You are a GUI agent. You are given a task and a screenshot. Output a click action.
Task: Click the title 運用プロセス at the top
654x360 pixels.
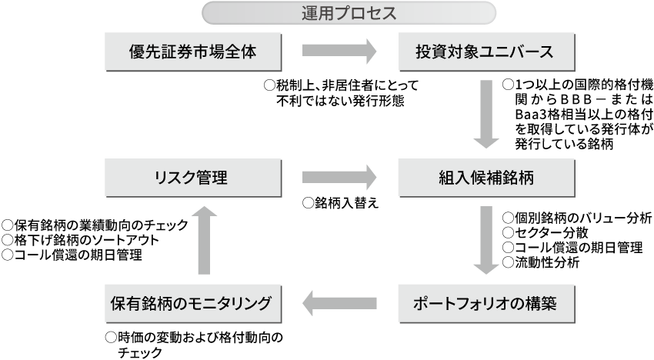pyautogui.click(x=349, y=13)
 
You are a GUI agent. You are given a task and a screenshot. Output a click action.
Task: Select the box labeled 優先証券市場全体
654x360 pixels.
pyautogui.click(x=192, y=52)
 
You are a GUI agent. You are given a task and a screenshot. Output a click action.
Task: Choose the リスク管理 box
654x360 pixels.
pyautogui.click(x=192, y=178)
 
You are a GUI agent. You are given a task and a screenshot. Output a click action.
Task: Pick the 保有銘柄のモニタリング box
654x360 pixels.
pyautogui.click(x=192, y=303)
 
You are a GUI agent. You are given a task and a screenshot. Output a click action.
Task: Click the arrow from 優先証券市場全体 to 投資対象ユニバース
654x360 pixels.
pyautogui.click(x=339, y=52)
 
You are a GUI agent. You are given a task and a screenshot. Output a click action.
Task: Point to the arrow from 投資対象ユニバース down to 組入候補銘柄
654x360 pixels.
pyautogui.click(x=486, y=115)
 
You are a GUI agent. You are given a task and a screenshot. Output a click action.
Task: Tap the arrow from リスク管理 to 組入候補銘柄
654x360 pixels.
pyautogui.click(x=339, y=178)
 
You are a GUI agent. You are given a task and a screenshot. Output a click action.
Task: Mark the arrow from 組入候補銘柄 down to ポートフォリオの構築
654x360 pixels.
pyautogui.click(x=486, y=240)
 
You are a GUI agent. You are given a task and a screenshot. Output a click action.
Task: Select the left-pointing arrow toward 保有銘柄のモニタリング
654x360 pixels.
pyautogui.click(x=339, y=303)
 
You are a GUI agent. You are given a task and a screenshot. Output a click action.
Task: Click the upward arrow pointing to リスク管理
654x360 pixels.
pyautogui.click(x=203, y=240)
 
